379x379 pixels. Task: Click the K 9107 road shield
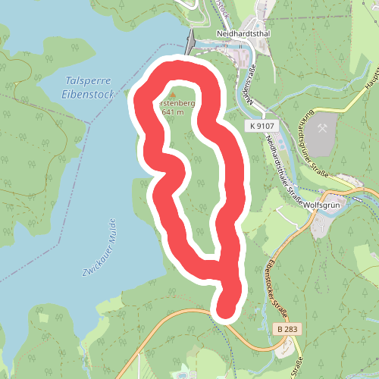[x=262, y=126]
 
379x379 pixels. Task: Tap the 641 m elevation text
[x=173, y=111]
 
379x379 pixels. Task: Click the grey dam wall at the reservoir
[x=189, y=41]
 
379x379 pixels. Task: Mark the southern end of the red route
[x=226, y=309]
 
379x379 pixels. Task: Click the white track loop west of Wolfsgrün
[x=288, y=216]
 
